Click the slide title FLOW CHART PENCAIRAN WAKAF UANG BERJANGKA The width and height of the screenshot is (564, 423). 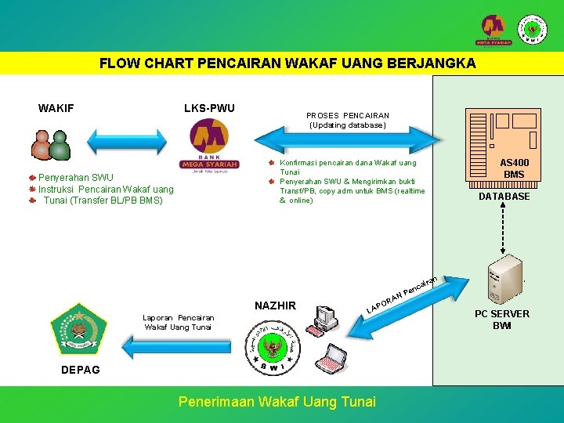point(287,63)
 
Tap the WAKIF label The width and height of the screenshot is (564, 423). point(56,108)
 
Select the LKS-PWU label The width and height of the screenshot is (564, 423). point(209,108)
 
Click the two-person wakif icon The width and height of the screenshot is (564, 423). point(50,144)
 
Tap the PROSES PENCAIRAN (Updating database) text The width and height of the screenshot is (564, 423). point(347,120)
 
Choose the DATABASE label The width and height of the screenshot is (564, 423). point(504,197)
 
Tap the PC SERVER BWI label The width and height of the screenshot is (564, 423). point(502,320)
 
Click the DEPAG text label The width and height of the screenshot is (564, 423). point(81,370)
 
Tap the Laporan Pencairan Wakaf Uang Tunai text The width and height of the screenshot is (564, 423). point(179,323)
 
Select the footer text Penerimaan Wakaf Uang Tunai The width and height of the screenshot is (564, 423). point(277,402)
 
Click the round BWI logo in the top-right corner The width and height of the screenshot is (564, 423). point(533,30)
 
